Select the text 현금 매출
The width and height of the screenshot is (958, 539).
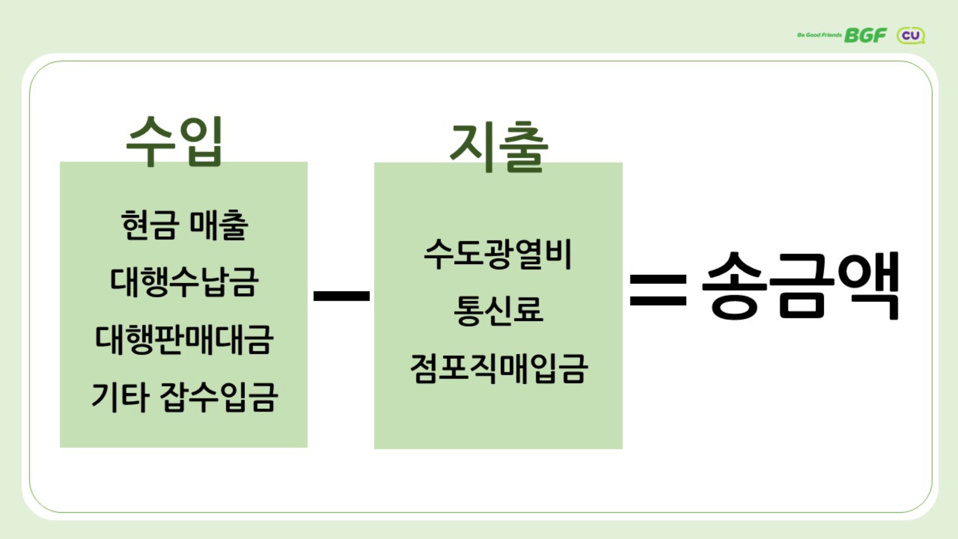point(184,225)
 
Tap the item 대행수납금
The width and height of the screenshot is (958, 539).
point(184,282)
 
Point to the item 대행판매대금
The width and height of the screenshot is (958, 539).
point(184,340)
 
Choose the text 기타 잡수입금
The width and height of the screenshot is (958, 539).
point(184,397)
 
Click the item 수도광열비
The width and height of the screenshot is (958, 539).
point(497,254)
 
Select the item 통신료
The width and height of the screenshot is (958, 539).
point(498,310)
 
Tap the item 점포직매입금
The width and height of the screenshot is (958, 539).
point(498,369)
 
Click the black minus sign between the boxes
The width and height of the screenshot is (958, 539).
point(341,296)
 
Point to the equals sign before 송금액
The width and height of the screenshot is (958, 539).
point(658,290)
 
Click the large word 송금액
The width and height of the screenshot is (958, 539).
point(801,286)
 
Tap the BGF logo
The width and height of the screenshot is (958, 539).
point(865,35)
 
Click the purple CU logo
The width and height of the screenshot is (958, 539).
point(911,35)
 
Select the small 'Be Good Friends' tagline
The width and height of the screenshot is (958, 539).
point(819,35)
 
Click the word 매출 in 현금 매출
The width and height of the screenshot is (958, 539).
point(219,225)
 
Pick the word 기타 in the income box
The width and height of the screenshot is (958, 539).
point(120,397)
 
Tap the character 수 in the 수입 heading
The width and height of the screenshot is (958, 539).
point(150,141)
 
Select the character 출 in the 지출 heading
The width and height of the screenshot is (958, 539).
point(523,149)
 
